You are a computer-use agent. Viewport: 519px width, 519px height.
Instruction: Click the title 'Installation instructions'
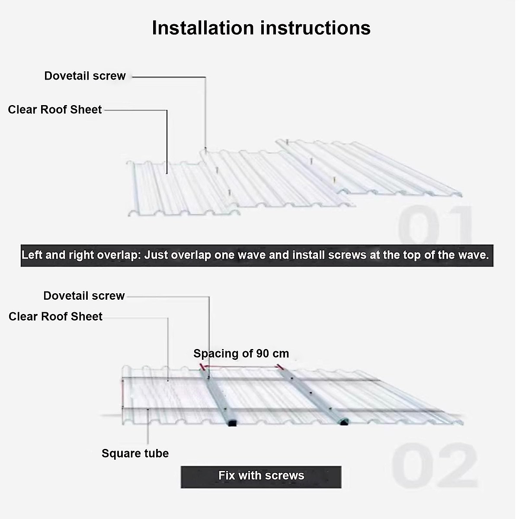[x=261, y=28]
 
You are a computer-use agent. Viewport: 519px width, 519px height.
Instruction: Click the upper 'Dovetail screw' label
[x=85, y=76]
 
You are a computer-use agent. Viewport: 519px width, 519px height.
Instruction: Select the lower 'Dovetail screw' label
[x=84, y=296]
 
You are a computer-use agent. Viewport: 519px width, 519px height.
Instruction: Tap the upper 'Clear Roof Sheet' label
[x=55, y=110]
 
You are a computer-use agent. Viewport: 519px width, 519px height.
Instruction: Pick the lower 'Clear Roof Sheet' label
[x=55, y=317]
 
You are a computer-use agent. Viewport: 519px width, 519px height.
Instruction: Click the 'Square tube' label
[x=135, y=453]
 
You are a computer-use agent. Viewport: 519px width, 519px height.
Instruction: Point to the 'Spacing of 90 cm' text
[x=241, y=353]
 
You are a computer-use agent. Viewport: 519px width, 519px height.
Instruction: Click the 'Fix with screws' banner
[x=261, y=476]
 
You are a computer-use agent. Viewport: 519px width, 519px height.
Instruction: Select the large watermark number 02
[x=435, y=465]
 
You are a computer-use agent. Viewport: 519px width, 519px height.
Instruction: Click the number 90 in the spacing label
[x=263, y=353]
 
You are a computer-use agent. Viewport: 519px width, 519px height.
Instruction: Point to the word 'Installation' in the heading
[x=203, y=28]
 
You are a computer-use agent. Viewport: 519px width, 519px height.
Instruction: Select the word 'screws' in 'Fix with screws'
[x=285, y=476]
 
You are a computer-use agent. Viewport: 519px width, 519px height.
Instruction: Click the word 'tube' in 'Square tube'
[x=157, y=453]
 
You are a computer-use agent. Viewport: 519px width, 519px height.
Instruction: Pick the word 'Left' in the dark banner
[x=32, y=255]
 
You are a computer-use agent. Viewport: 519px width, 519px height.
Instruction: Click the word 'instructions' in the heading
[x=316, y=28]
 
